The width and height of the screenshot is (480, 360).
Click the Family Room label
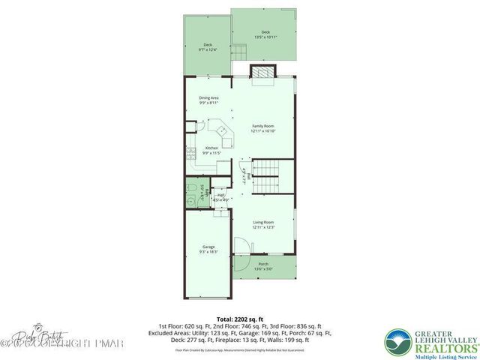(263, 128)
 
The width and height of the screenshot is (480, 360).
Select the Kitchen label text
(211, 150)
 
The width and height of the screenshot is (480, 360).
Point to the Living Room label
(263, 224)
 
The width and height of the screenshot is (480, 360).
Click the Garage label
(208, 249)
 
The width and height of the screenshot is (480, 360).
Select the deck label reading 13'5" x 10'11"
(265, 34)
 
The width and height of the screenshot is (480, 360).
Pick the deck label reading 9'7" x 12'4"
(207, 47)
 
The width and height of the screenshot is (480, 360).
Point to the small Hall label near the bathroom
(221, 197)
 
